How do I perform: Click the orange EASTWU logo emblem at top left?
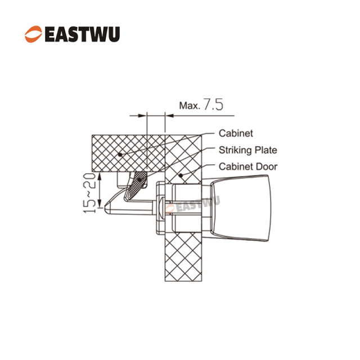34,34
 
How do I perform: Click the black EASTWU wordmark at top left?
82,34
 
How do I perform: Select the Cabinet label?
236,133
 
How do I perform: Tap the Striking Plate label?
248,150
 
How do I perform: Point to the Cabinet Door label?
248,166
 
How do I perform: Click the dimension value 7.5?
213,105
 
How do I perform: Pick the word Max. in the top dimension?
190,106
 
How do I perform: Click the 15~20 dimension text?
89,193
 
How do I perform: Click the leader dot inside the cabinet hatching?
120,155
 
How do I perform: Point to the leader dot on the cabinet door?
181,175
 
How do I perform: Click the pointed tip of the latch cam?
105,208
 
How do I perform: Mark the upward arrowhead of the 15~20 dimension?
100,177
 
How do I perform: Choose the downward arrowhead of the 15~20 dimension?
100,204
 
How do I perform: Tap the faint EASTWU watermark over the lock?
192,205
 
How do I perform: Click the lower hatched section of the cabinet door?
183,257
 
